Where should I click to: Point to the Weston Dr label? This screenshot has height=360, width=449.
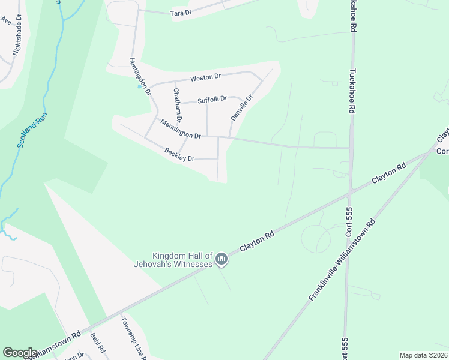pyautogui.click(x=206, y=77)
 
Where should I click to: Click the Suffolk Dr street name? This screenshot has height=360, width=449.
pyautogui.click(x=212, y=99)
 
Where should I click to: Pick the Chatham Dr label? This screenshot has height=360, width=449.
pyautogui.click(x=176, y=103)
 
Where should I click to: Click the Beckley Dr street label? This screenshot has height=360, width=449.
pyautogui.click(x=179, y=155)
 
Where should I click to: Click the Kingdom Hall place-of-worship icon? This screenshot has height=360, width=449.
pyautogui.click(x=221, y=259)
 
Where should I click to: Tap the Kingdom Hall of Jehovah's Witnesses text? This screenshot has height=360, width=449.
pyautogui.click(x=174, y=260)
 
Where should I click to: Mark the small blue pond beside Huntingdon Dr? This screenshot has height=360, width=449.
pyautogui.click(x=139, y=86)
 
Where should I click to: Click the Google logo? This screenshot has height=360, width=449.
pyautogui.click(x=20, y=353)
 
